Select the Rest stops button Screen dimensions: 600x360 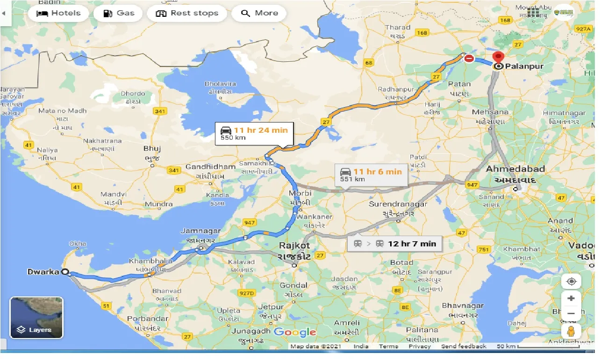187,13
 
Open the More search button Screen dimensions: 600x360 259,13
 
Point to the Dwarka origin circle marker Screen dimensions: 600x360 65,272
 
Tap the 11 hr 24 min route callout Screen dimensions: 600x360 254,133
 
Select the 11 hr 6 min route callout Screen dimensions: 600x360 371,174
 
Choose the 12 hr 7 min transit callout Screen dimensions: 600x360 394,244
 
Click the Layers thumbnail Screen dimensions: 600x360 36,317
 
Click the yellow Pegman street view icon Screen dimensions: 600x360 571,331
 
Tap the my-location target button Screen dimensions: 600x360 571,281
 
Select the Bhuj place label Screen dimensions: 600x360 152,149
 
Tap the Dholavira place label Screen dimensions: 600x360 220,84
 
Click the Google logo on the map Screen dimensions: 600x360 295,332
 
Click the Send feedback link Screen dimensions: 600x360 464,346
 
